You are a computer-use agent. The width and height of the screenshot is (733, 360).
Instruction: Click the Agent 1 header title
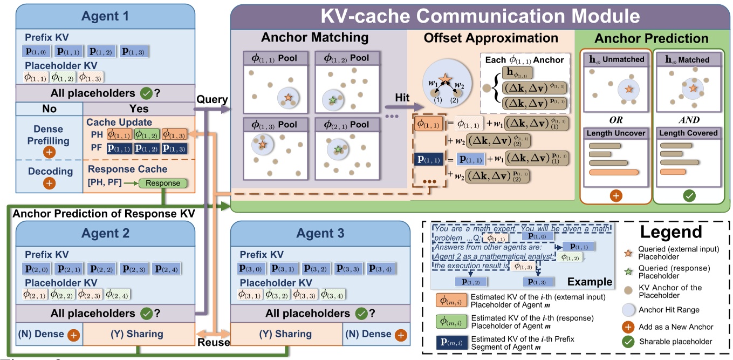click(x=105, y=16)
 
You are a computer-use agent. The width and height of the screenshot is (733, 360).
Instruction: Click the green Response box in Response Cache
click(x=163, y=183)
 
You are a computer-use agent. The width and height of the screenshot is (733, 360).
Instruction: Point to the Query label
click(x=212, y=100)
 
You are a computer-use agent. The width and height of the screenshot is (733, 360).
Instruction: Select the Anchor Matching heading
click(x=314, y=38)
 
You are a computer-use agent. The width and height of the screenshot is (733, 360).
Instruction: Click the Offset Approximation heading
click(x=491, y=38)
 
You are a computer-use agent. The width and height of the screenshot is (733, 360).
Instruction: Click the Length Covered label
click(x=688, y=133)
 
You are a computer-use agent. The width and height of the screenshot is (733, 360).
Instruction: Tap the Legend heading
click(x=671, y=233)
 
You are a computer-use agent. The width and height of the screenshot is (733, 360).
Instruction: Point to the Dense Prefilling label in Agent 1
click(x=49, y=134)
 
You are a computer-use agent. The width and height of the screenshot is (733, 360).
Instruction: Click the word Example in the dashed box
click(x=591, y=282)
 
